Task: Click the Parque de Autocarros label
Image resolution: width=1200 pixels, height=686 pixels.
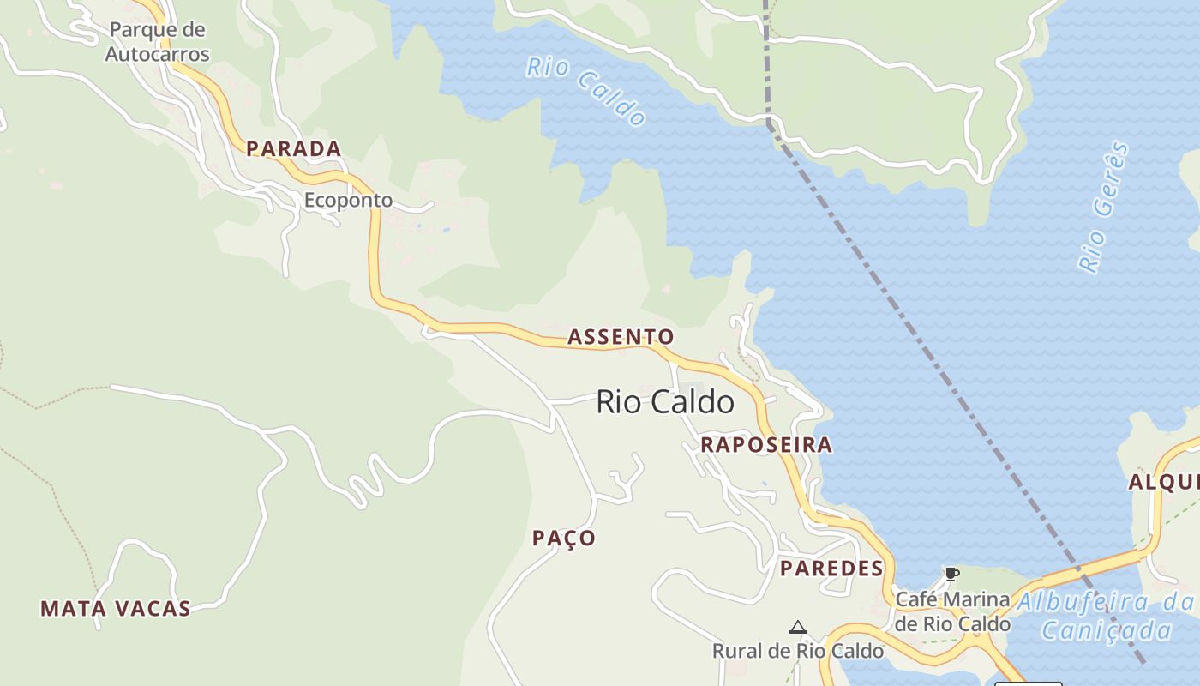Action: [x=158, y=42]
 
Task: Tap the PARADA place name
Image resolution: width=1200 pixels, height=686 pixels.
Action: [x=294, y=149]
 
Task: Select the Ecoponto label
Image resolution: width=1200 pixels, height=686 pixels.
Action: [x=348, y=201]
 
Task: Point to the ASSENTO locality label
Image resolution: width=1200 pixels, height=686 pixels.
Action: [x=621, y=337]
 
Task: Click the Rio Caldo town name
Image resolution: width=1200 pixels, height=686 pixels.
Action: [x=665, y=402]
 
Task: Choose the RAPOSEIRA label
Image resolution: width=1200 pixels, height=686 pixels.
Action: [x=766, y=445]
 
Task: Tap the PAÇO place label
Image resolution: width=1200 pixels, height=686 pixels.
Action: [x=564, y=539]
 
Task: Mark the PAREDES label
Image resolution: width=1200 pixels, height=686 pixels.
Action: [x=831, y=569]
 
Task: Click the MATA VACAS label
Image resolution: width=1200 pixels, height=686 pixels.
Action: [x=116, y=609]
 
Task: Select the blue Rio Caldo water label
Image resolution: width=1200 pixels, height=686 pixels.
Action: [x=586, y=92]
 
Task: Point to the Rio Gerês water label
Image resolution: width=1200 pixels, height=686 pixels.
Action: [x=1103, y=208]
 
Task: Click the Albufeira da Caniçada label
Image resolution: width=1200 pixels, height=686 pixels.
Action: [x=1106, y=616]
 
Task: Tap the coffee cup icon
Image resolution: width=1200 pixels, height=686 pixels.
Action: [x=951, y=574]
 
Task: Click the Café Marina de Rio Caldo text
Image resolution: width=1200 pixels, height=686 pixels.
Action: [x=952, y=611]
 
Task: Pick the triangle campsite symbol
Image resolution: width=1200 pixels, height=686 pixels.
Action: [x=798, y=628]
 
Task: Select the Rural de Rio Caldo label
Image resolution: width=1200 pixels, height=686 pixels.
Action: [x=798, y=651]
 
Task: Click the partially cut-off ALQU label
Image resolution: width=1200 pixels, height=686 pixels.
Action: [x=1163, y=482]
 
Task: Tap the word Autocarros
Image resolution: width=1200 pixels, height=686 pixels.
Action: [x=158, y=54]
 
